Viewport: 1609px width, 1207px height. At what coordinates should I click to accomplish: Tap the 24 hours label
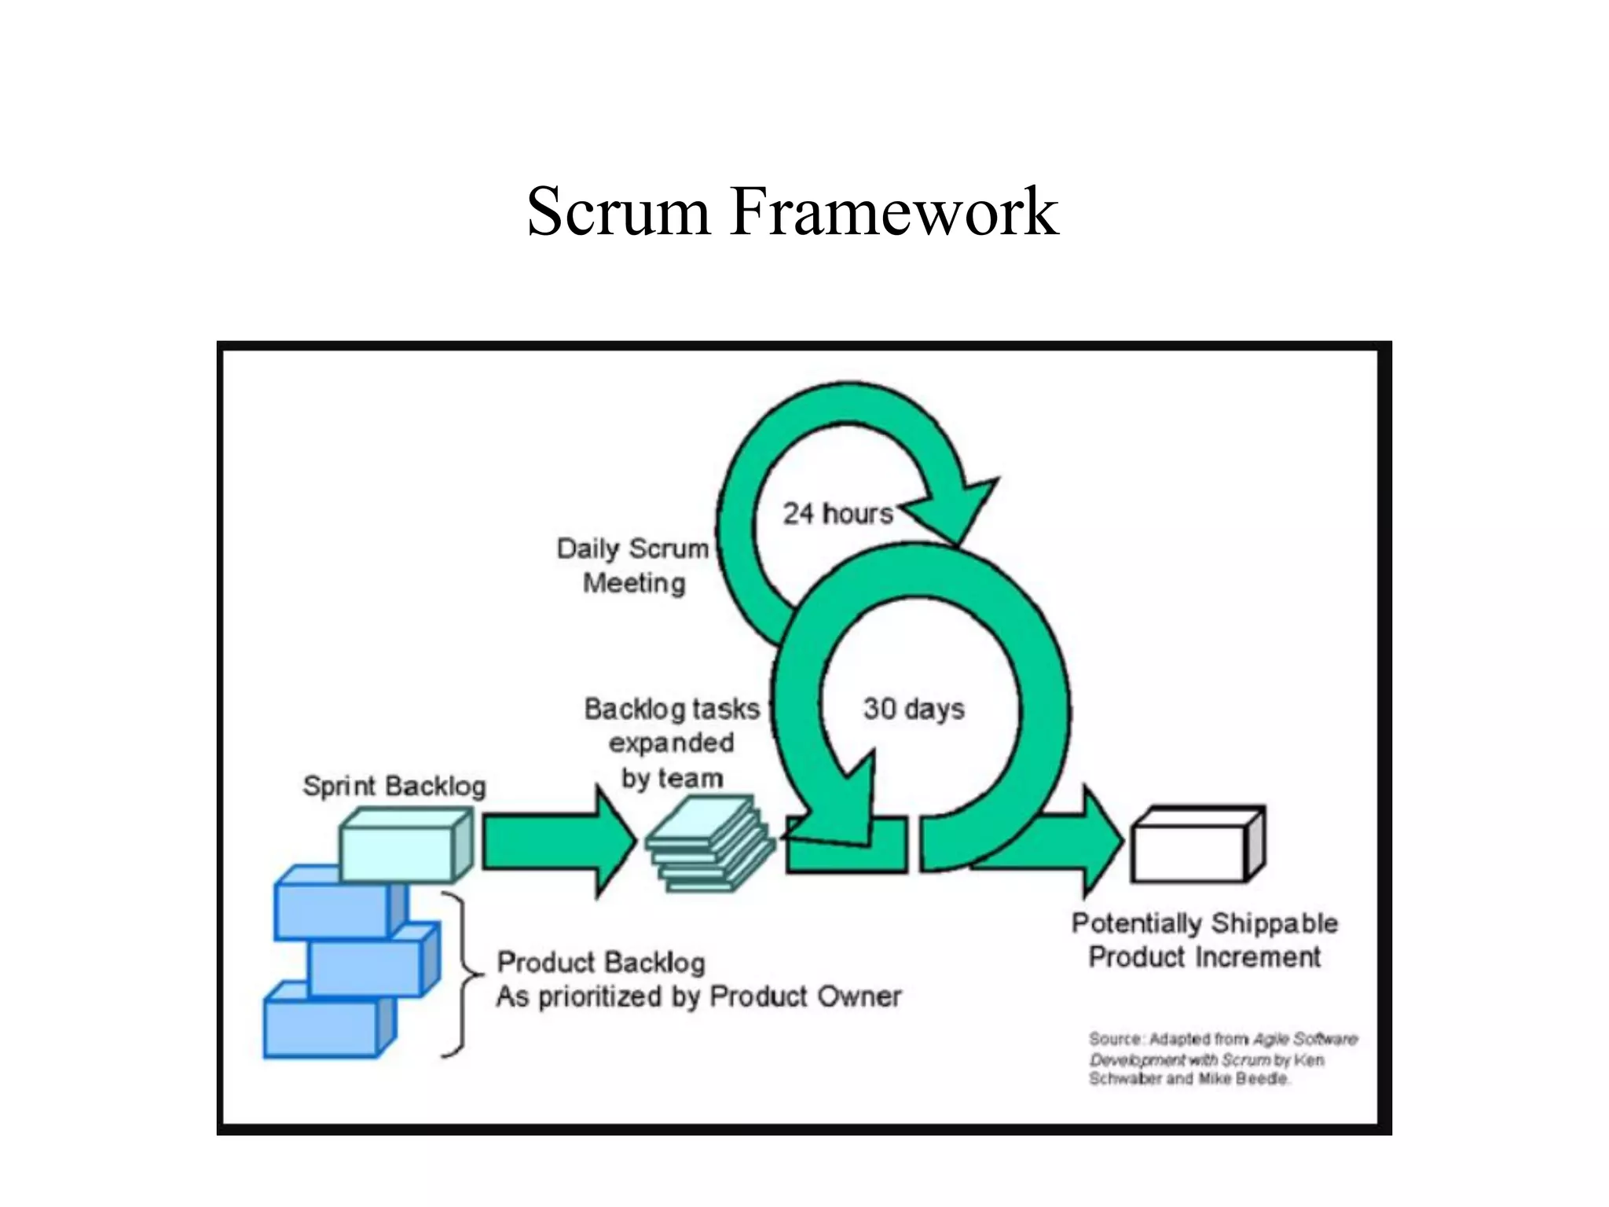837,513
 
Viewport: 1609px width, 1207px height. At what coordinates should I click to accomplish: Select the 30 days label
913,708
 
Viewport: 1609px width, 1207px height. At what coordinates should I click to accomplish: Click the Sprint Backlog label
394,785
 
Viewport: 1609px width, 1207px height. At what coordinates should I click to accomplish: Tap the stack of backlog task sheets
707,845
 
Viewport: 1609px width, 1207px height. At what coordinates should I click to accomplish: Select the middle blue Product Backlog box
365,967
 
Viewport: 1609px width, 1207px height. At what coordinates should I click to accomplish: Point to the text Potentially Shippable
1204,923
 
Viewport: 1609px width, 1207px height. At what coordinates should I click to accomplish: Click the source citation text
1222,1058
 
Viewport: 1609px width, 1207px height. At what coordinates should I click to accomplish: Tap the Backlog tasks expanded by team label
672,743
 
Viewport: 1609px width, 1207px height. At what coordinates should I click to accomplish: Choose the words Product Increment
1204,957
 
